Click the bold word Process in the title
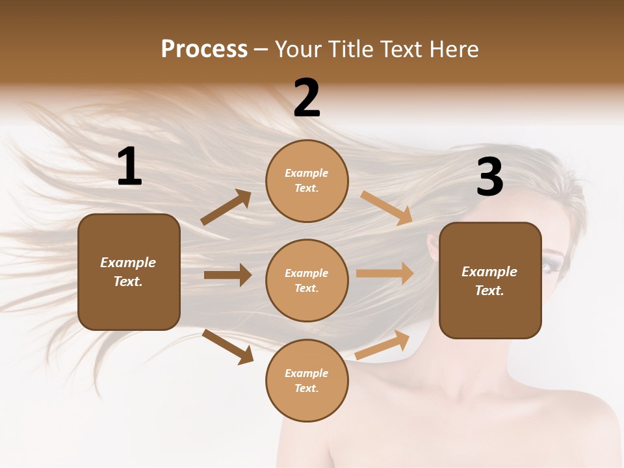click(204, 49)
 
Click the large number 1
click(129, 167)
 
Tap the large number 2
click(307, 99)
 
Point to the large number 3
click(489, 177)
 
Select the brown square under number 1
click(129, 272)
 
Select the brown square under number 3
click(490, 280)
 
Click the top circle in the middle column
click(307, 181)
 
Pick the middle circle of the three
click(307, 280)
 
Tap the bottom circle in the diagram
click(307, 380)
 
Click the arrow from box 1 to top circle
click(226, 208)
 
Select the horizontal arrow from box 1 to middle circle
click(227, 275)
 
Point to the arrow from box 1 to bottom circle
click(227, 346)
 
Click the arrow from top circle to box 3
click(387, 208)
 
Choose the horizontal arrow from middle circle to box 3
click(385, 274)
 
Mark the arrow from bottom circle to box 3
click(382, 344)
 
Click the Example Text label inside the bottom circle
click(307, 380)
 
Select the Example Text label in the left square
click(129, 272)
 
